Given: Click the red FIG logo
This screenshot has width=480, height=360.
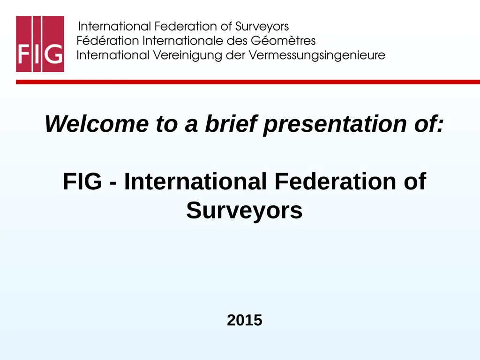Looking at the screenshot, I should pos(40,44).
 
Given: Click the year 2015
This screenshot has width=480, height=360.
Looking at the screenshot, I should pos(244,321).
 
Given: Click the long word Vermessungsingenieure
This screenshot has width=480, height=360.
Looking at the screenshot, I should pos(317,56).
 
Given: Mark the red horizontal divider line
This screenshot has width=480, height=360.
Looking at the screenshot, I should pos(248,82).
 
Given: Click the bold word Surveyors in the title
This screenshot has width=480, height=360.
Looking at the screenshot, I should pos(244,210).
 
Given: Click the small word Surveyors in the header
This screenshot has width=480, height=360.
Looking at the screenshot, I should pos(262,26).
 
